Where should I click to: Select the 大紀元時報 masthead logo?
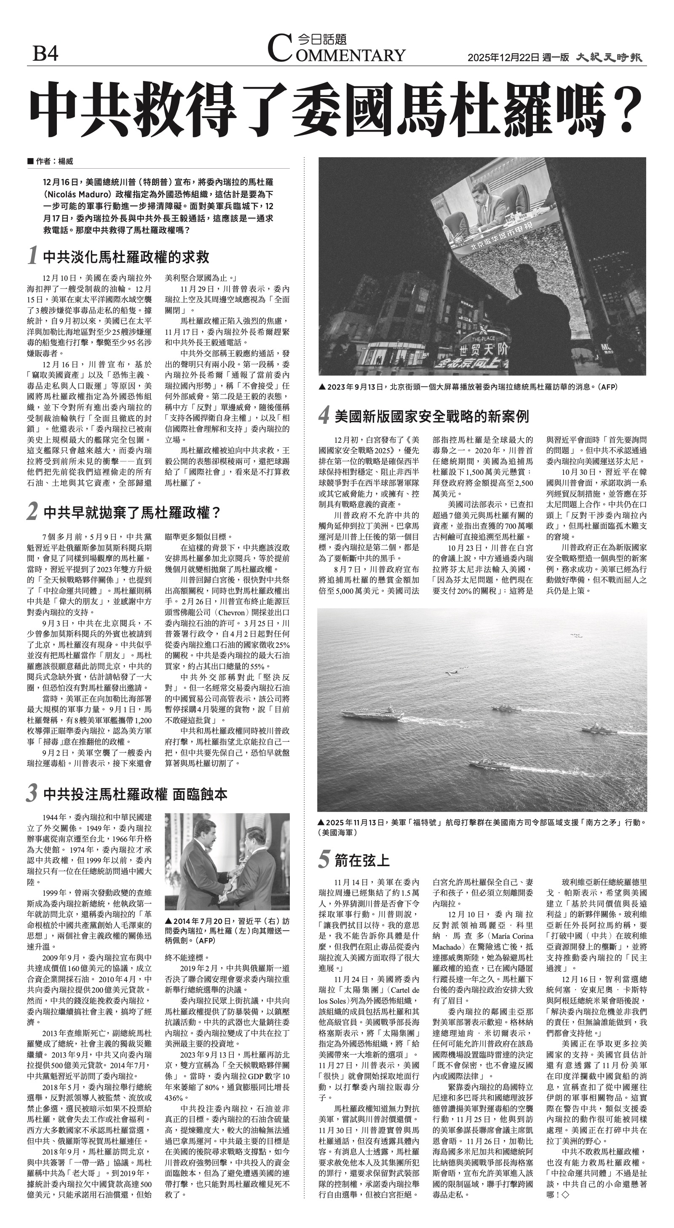tap(609, 58)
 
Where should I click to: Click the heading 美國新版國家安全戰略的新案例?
tap(431, 417)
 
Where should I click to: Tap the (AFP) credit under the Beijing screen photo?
tap(608, 387)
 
